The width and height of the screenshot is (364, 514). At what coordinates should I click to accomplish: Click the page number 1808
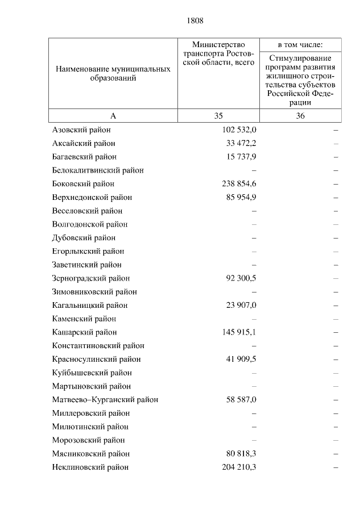point(195,21)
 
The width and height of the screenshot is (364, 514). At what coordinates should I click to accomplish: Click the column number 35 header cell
point(218,116)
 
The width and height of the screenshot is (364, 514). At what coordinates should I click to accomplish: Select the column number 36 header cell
point(300,116)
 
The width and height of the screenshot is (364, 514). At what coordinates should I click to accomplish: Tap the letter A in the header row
point(113,116)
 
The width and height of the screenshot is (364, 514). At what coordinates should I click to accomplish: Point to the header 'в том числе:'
point(300,44)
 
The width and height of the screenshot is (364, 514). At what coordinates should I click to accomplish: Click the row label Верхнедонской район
point(92,198)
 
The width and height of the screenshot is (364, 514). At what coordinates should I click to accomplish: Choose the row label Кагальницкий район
point(89,306)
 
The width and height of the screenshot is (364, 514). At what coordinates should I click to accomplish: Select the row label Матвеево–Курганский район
point(105,400)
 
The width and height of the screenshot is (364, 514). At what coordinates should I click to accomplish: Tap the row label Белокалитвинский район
point(97,170)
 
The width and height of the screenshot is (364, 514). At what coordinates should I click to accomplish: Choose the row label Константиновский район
point(98,346)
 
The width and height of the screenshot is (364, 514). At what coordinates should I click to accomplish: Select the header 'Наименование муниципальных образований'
point(113,73)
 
